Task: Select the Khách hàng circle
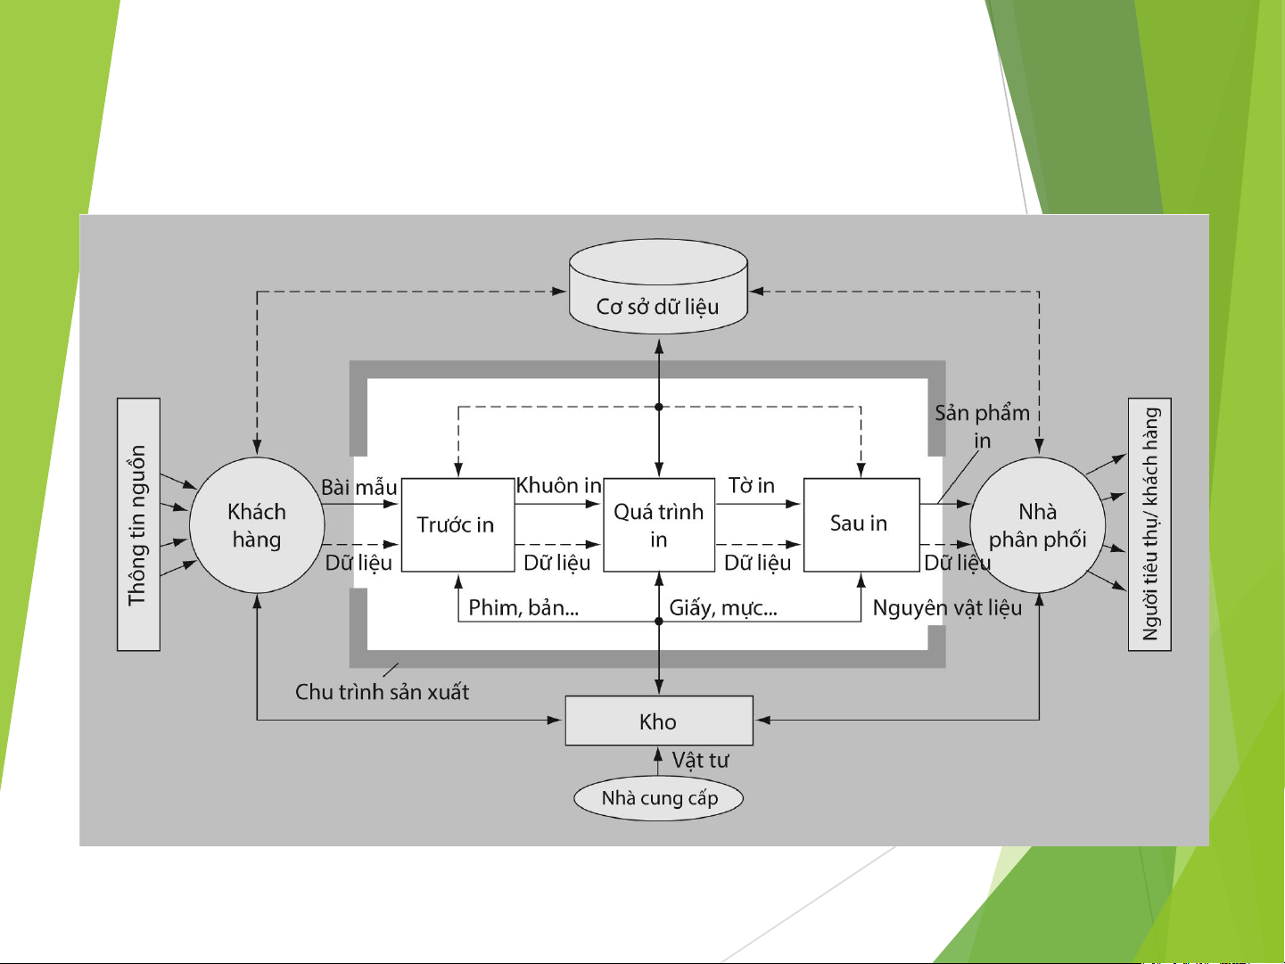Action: point(257,525)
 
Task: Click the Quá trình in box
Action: point(659,524)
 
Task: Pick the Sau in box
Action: point(861,524)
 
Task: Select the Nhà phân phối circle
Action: point(1038,525)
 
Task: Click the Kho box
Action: point(659,721)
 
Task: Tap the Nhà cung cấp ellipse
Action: point(659,798)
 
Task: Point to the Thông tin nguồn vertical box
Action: point(138,524)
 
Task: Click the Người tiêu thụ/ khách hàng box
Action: point(1150,524)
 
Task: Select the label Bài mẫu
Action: point(358,488)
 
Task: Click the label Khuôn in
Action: point(559,486)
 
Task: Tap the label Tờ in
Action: point(752,486)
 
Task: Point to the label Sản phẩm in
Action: point(982,425)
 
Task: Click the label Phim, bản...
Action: point(523,608)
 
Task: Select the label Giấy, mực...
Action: point(723,608)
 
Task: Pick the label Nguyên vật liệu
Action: point(947,608)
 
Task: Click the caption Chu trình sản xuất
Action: point(382,692)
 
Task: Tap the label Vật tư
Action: point(700,761)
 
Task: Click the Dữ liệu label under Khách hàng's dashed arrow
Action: point(358,564)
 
